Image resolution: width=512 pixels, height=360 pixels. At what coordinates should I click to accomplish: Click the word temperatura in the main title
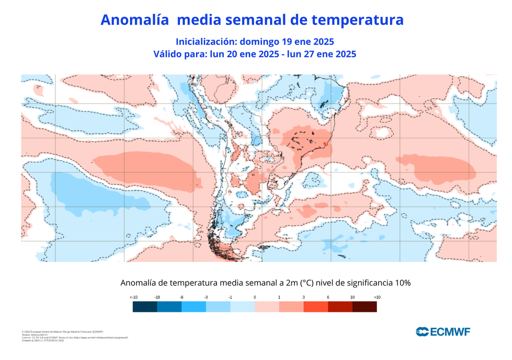pos(357,20)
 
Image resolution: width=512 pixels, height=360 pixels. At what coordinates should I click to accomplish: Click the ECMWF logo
pos(443,331)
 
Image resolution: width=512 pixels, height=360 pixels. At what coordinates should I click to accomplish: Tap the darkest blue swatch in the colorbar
pos(144,307)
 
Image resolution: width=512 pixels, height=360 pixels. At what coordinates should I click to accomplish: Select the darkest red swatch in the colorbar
pos(365,307)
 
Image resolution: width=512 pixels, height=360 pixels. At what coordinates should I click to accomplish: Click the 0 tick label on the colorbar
pos(254,297)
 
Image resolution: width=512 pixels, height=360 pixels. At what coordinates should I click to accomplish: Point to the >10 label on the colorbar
pos(377,297)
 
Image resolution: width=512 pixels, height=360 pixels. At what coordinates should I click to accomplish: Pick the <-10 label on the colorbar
pos(133,297)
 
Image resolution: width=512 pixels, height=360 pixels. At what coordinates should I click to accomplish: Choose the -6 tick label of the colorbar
pos(181,297)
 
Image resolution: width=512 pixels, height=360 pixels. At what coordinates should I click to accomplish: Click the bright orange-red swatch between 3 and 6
pos(316,307)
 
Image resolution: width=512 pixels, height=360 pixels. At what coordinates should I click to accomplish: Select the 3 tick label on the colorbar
pos(303,297)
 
